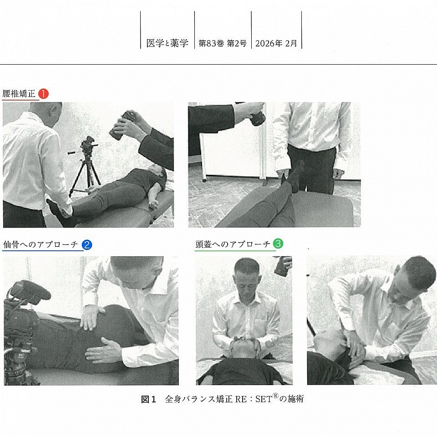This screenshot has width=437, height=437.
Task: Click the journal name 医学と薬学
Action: [167, 43]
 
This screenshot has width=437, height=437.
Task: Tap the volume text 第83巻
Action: [211, 43]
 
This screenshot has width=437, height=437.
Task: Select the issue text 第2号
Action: [237, 43]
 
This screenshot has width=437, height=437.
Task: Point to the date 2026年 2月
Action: [276, 43]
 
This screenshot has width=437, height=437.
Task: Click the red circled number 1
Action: [43, 94]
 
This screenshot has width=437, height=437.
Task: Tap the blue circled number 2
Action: [87, 245]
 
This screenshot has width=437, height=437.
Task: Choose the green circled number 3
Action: [278, 243]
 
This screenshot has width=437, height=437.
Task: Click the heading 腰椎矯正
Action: [19, 94]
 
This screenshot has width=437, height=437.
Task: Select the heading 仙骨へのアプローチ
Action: [41, 245]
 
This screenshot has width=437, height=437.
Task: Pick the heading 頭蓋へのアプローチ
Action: [233, 244]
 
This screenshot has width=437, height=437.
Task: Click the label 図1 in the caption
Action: [148, 399]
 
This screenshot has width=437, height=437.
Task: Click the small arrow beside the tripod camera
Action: [71, 153]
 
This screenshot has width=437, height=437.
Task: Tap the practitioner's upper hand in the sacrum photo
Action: [90, 317]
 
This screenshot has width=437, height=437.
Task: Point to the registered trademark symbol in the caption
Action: [275, 396]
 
